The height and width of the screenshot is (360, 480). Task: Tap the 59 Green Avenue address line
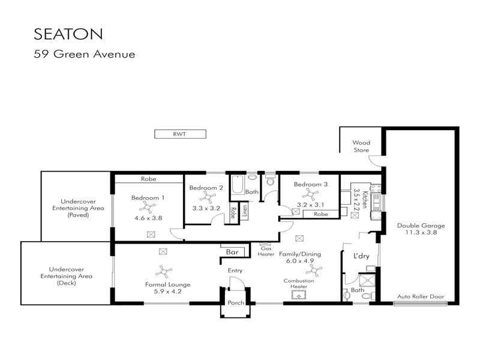[84, 54]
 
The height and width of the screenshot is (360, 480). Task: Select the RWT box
[180, 134]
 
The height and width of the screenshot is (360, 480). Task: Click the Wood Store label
[361, 146]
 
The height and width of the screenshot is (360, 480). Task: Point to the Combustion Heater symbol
[299, 294]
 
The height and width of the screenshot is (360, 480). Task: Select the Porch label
[236, 303]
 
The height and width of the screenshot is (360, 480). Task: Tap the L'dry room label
[361, 256]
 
